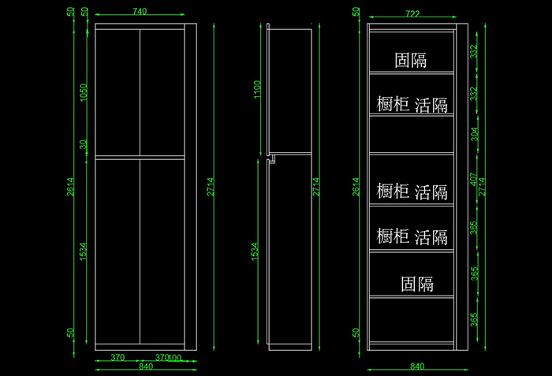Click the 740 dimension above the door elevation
coord(140,12)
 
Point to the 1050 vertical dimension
coord(84,92)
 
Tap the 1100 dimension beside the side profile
coord(255,91)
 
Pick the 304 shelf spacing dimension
coord(474,133)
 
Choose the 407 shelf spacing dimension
coord(474,180)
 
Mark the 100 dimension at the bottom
coord(175,358)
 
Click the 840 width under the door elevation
coord(145,367)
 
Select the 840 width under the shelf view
coord(417,367)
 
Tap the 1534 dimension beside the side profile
coord(255,252)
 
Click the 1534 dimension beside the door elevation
coord(84,252)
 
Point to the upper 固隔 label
coord(411,60)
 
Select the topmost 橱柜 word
coord(392,105)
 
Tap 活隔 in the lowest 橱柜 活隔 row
coord(431,236)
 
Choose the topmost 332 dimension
coord(474,52)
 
